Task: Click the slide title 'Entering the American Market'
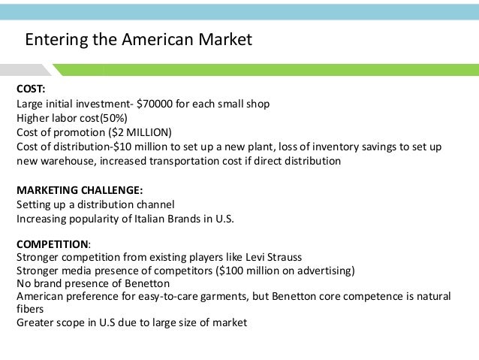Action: pos(139,38)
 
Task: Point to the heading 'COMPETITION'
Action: pos(52,244)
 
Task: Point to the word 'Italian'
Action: pos(138,218)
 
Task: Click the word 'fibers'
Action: pos(31,310)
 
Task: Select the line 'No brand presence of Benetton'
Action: pos(92,283)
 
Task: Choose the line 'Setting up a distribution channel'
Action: pos(95,204)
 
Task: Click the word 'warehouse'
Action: pos(68,161)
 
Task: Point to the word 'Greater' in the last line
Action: pos(35,323)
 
